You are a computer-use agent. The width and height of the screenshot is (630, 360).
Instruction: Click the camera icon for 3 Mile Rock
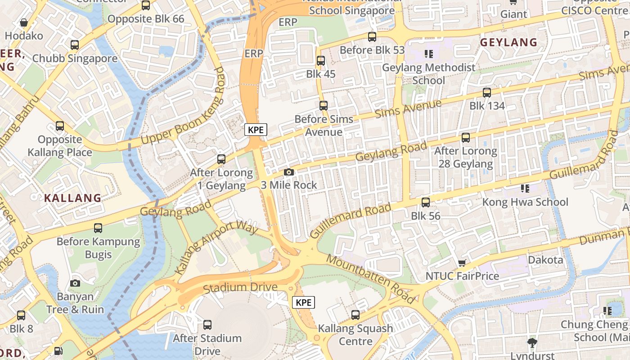coord(289,172)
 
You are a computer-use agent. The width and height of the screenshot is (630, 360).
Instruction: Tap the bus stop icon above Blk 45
coord(321,61)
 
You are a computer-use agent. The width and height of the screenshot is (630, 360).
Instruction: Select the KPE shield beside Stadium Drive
coord(304,302)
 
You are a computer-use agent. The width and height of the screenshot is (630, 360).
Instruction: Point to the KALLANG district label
coord(72,198)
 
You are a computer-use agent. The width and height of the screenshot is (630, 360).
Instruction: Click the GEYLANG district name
coord(508,43)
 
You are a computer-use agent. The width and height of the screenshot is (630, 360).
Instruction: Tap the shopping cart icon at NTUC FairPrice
coord(462,263)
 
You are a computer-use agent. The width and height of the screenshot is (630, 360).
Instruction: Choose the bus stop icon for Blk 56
coord(426,202)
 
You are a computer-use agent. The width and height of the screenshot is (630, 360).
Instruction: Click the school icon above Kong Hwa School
coord(525,188)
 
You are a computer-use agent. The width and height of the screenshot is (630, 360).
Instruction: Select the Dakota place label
coord(545,260)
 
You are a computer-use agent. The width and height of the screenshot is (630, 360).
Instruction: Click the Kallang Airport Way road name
coord(216,248)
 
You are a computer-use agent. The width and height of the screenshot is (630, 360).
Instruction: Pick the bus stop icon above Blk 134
coord(487,93)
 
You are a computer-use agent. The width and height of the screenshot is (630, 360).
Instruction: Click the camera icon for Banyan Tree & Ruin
coord(75,283)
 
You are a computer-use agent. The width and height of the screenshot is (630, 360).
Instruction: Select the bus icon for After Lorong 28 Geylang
coord(466,137)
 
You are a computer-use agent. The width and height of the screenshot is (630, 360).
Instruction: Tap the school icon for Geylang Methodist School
coord(428,54)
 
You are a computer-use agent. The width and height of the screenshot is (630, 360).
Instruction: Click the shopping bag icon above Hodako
coord(24,22)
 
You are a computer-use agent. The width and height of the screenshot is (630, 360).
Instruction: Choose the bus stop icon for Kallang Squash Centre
coord(355,315)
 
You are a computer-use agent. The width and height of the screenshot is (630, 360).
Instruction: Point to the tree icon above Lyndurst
coord(532,342)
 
